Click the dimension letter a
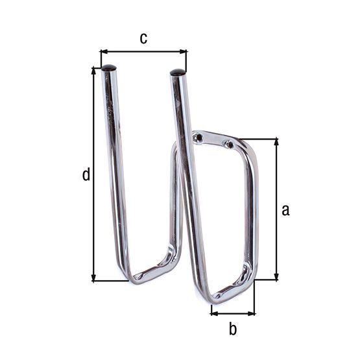click(x=285, y=210)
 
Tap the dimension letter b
click(x=233, y=329)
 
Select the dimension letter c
click(x=144, y=38)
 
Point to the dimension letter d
click(x=86, y=174)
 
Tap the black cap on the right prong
click(x=177, y=73)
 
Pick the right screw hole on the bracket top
click(x=227, y=143)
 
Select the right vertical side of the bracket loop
click(x=250, y=208)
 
